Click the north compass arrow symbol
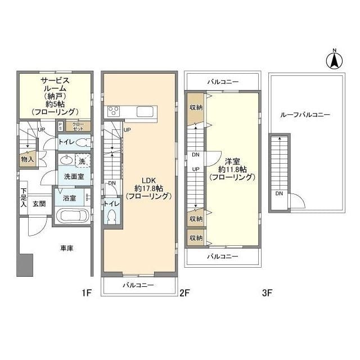pos(334,59)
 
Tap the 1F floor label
pos(85,293)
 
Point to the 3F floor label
pos(267,293)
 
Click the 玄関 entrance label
pos(39,204)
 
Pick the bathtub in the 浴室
pos(71,215)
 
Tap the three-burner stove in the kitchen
pos(112,111)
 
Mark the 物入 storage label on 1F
pos(27,159)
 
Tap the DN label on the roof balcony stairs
pos(278,194)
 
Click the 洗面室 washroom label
pos(73,176)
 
